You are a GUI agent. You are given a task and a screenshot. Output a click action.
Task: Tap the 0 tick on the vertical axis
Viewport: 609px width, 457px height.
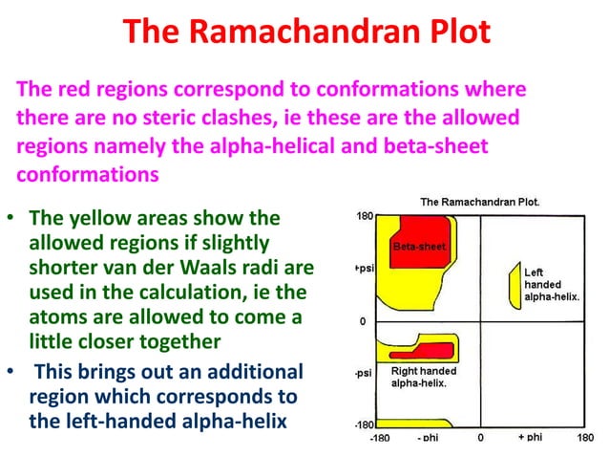(364, 321)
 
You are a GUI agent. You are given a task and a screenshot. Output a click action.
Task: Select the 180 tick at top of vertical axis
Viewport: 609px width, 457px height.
(364, 215)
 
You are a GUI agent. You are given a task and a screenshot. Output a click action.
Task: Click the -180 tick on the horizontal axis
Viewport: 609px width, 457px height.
(379, 437)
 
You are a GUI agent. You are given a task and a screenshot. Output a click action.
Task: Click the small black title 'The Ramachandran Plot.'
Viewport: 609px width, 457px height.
(480, 202)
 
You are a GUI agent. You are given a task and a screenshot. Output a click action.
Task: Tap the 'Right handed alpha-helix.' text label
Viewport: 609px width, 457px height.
(424, 375)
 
